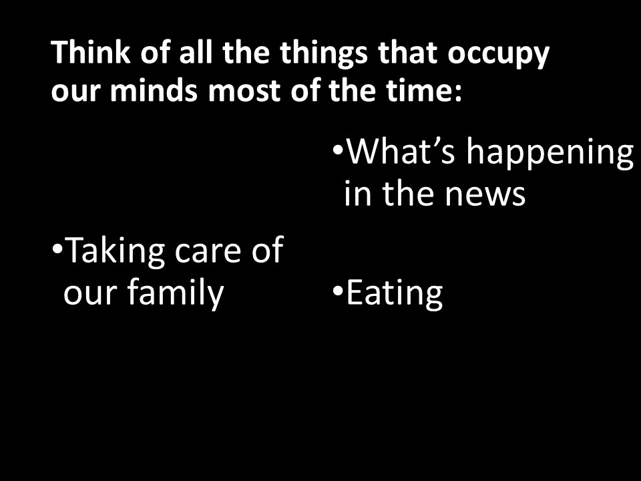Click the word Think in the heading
(91, 52)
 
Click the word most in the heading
(244, 91)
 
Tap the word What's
(401, 151)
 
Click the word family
(176, 293)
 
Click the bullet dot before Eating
(338, 291)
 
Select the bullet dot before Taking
(57, 249)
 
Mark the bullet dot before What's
(338, 148)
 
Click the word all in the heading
(196, 52)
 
